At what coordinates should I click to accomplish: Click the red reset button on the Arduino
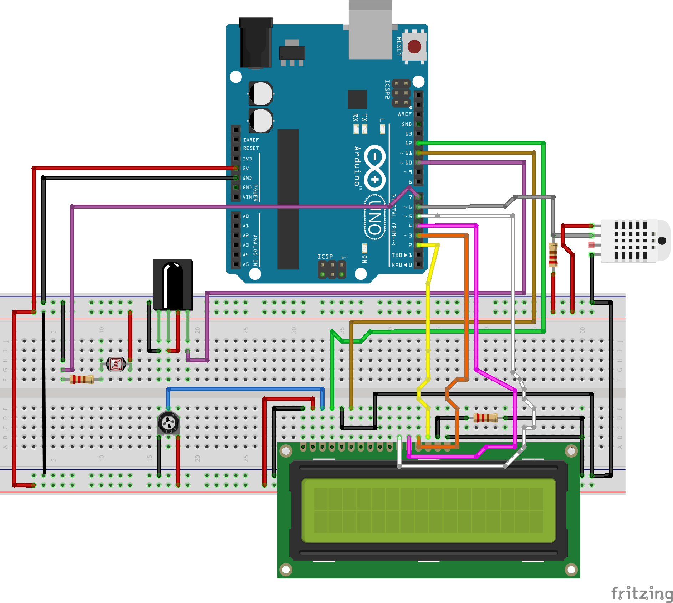(414, 46)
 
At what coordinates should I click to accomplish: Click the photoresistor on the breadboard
(116, 364)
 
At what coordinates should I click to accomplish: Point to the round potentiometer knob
(168, 423)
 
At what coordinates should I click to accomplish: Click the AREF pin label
(404, 114)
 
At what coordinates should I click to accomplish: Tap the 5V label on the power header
(246, 168)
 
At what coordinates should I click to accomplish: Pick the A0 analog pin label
(246, 216)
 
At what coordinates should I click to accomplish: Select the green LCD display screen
(428, 510)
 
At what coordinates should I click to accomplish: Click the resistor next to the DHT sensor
(553, 254)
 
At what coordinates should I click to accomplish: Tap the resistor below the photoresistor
(82, 379)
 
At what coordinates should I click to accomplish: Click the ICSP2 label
(387, 89)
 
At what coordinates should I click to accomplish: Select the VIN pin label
(247, 197)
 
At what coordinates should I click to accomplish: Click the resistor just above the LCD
(485, 418)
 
